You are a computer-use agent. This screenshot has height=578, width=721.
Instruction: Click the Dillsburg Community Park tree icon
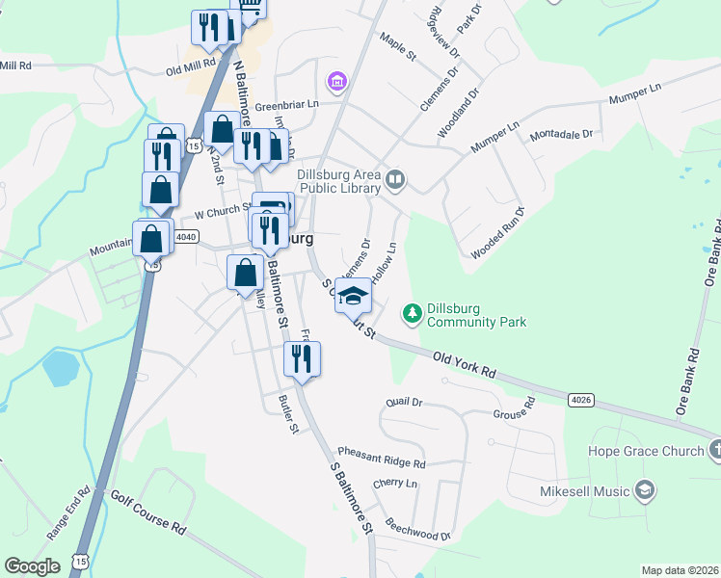click(413, 313)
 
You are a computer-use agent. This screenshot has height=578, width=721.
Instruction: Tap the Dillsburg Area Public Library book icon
click(395, 179)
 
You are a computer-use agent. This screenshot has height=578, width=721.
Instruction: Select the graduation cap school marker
click(353, 296)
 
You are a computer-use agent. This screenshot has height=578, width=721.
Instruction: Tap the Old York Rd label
click(465, 363)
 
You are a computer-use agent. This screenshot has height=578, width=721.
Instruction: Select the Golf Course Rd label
click(147, 512)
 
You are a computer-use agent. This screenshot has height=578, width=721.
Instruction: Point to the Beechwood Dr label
click(417, 529)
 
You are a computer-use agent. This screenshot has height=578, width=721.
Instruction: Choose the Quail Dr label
click(404, 401)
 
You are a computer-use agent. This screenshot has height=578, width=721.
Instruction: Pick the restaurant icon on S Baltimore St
click(302, 359)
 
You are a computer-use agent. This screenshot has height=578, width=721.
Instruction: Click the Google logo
click(32, 566)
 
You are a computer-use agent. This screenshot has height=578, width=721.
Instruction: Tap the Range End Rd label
click(68, 512)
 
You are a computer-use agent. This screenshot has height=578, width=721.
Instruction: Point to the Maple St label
click(397, 45)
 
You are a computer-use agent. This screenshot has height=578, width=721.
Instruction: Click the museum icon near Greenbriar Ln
click(336, 81)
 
